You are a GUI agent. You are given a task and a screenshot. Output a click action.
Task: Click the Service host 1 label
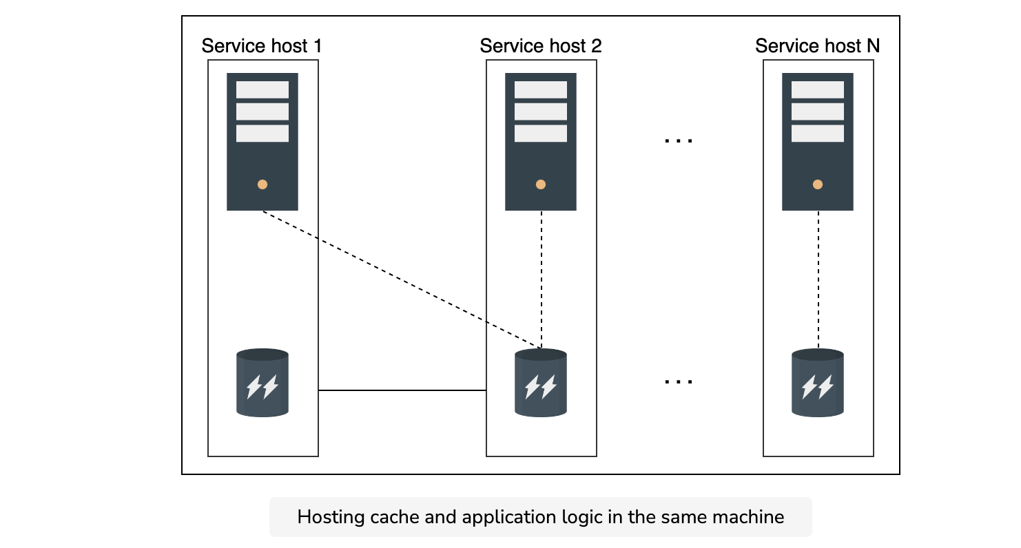pos(262,46)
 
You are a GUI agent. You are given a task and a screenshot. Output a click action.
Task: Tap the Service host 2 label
pos(541,46)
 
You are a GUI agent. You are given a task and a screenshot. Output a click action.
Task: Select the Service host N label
pos(817,46)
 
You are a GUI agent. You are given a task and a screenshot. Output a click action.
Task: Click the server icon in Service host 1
pos(262,142)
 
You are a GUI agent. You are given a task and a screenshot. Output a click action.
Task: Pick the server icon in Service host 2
pos(541,142)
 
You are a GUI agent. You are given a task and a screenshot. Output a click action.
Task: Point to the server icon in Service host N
pos(818,142)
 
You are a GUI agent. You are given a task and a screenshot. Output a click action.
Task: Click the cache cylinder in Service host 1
pos(262,383)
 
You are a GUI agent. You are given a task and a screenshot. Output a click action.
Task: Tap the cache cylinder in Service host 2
pos(541,383)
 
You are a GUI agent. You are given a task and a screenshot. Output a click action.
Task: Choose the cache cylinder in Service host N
pos(818,383)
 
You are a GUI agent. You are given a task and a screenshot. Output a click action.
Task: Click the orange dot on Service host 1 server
pos(262,185)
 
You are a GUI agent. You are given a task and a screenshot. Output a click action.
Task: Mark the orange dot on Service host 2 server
pos(541,185)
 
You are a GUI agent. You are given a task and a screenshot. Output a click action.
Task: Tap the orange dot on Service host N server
pos(818,185)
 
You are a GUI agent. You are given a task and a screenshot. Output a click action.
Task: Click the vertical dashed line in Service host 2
pos(542,280)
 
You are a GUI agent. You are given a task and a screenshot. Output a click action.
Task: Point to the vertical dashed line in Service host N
pos(818,280)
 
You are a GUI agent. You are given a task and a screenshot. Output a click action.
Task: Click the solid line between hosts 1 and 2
pos(402,390)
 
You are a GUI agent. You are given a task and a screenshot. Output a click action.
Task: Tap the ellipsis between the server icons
pos(678,140)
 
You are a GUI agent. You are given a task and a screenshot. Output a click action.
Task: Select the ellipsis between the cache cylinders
pos(678,381)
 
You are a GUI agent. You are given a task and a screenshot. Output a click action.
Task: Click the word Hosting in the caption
pos(331,518)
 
